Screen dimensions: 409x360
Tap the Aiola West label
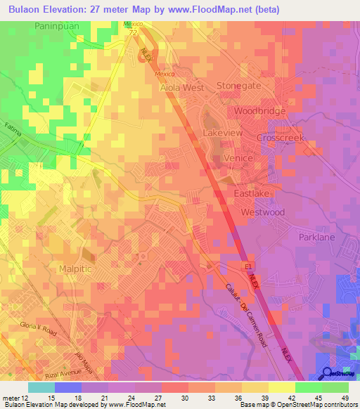(x=182, y=88)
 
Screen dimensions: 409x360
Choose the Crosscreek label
(x=279, y=138)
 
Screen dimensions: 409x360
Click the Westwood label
(x=262, y=212)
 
